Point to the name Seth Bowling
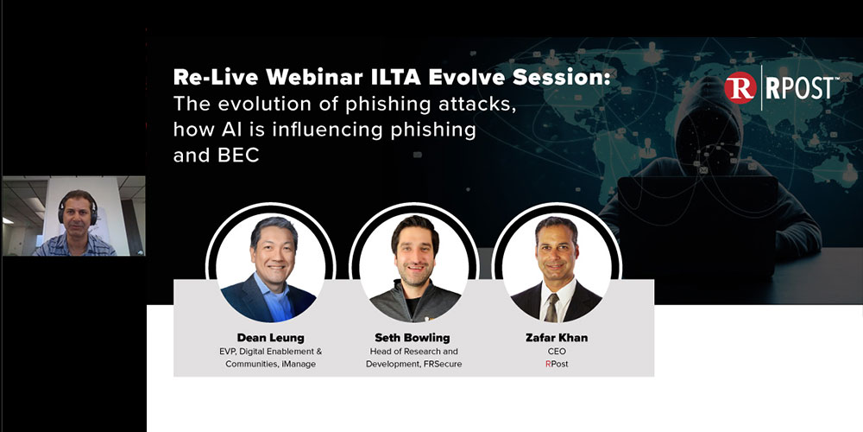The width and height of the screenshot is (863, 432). (x=412, y=337)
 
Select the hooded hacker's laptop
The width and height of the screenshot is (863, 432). (x=682, y=207)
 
